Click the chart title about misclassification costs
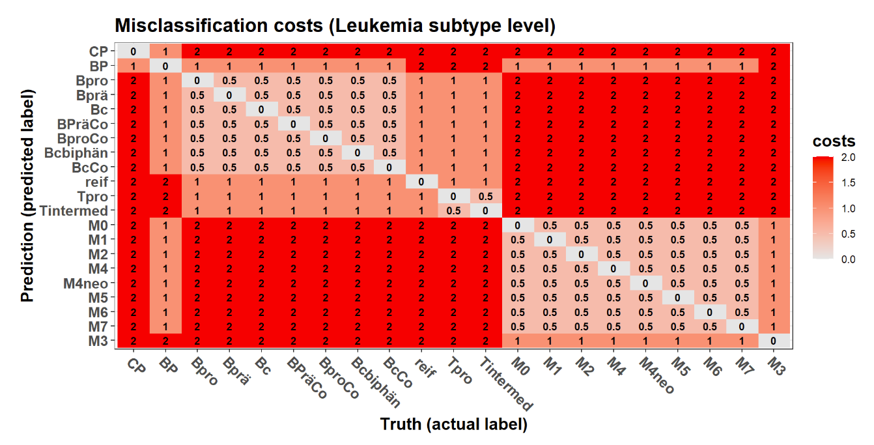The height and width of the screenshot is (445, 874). coord(335,26)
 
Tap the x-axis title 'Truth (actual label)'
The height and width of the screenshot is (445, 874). coord(453,425)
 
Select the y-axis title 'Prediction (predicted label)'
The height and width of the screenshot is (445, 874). coord(27,195)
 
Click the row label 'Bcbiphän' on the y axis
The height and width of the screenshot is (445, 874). coord(77,153)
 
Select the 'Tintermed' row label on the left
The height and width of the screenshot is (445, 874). coord(74,210)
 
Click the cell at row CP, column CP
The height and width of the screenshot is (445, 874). coord(133,51)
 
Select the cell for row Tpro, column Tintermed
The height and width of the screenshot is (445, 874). coord(485,196)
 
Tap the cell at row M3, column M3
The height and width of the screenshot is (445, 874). coord(773,341)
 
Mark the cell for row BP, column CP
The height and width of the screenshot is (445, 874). coord(133,66)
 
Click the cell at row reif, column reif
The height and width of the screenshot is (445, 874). coord(421,182)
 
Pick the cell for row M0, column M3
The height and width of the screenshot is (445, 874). coord(773,225)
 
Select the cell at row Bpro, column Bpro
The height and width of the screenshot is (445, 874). coord(197,81)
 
